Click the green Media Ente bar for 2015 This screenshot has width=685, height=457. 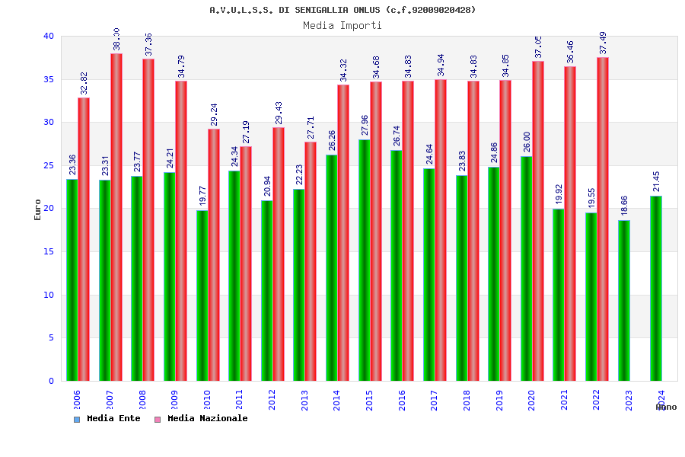(x=364, y=260)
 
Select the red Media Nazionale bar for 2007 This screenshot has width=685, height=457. (x=116, y=217)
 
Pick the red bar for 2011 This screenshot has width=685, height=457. (x=246, y=264)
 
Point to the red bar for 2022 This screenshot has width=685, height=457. (x=603, y=219)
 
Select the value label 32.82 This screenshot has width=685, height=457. (x=84, y=83)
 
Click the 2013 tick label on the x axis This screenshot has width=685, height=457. (x=304, y=401)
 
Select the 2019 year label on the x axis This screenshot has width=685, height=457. (x=499, y=401)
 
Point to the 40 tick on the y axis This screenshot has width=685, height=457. (x=49, y=36)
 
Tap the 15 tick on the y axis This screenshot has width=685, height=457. (x=49, y=251)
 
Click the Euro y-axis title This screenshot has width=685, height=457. (x=38, y=209)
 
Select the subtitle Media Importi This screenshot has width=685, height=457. (x=342, y=25)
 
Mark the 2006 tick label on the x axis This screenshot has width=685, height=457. (x=77, y=401)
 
